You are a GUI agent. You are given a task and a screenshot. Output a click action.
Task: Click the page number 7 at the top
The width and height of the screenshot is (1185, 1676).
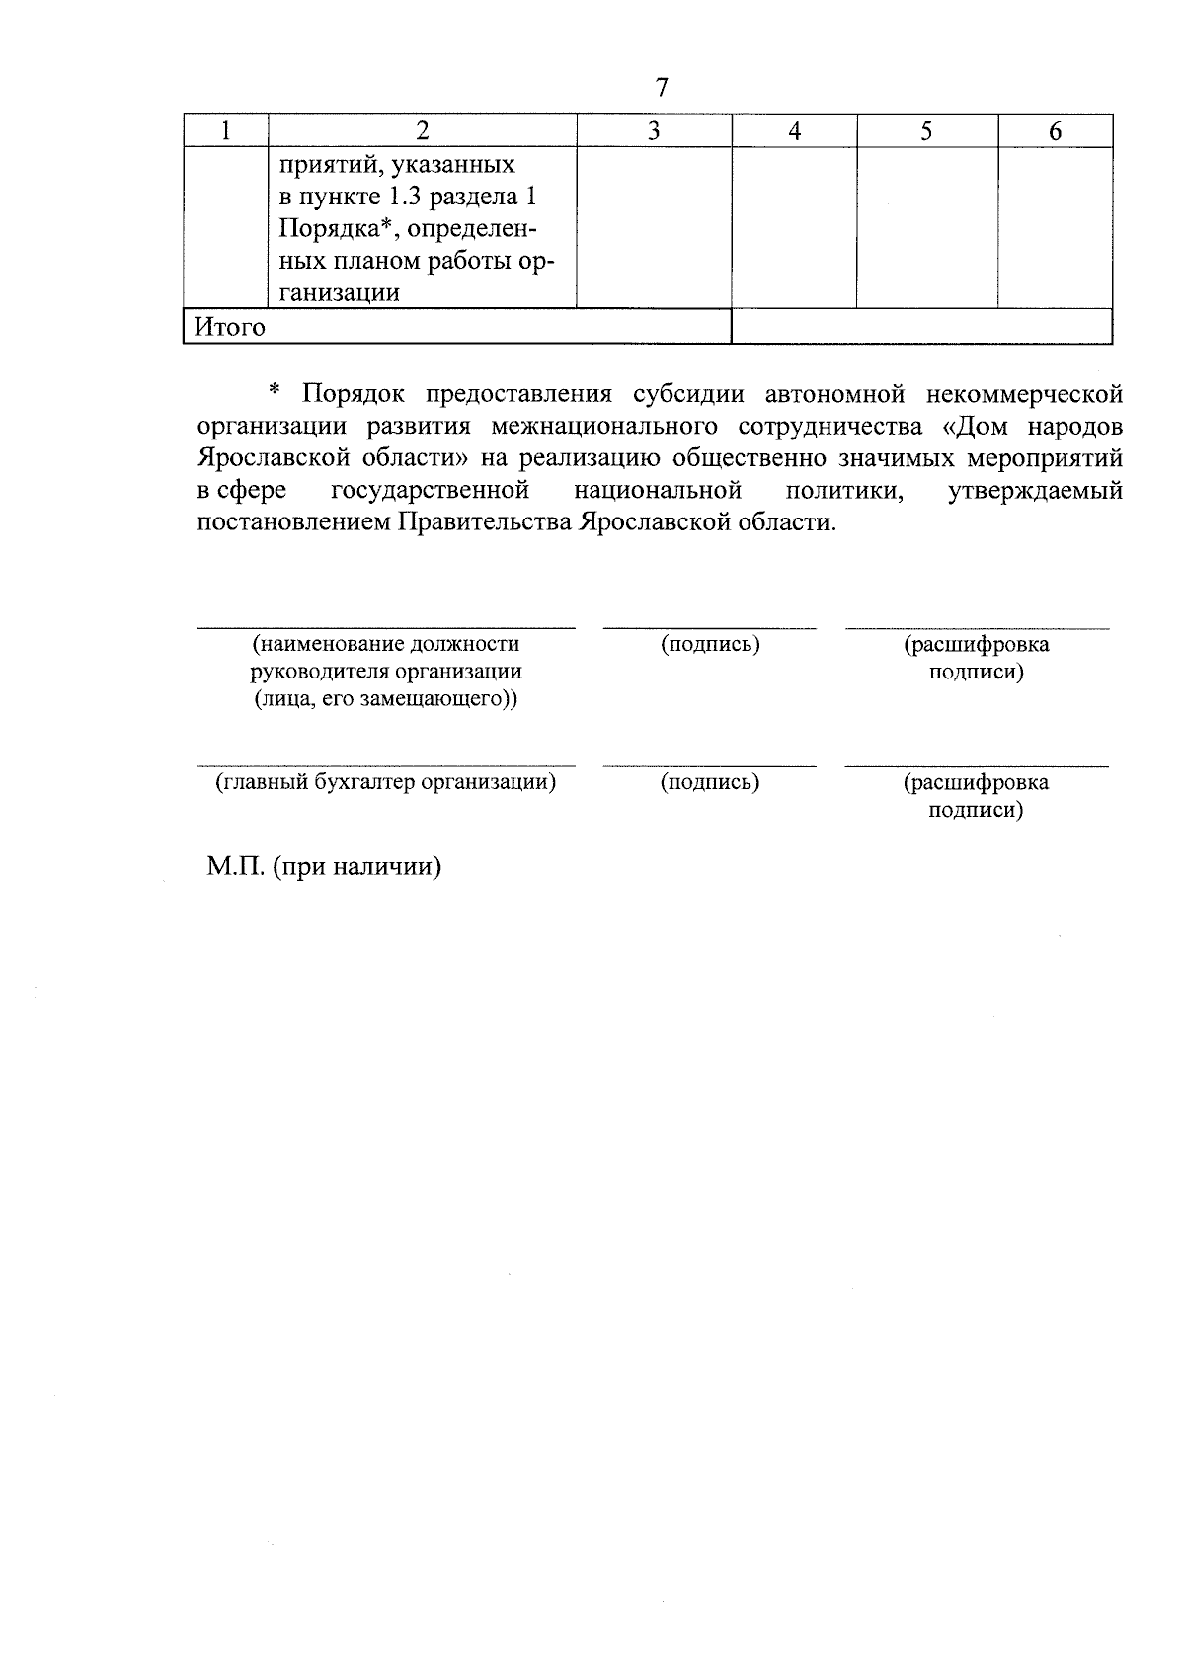tap(662, 88)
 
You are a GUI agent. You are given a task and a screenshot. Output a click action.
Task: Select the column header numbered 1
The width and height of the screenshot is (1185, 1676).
tap(226, 130)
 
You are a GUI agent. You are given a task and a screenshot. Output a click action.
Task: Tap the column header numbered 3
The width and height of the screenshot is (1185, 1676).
tap(653, 130)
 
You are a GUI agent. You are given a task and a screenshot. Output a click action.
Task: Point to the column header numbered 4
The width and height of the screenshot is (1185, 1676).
tap(794, 130)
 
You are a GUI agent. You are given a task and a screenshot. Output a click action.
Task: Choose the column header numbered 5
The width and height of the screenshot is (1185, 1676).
tap(926, 130)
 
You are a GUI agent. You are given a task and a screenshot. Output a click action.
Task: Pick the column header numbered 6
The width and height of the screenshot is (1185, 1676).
tap(1055, 130)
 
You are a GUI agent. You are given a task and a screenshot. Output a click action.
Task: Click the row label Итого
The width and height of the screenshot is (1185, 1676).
tap(229, 327)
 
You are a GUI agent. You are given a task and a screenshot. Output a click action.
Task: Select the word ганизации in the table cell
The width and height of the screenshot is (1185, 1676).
tap(340, 293)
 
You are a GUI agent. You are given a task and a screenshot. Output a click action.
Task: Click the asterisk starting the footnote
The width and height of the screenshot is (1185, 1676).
tap(276, 394)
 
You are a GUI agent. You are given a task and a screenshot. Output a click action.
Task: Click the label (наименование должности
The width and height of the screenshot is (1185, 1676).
tap(386, 645)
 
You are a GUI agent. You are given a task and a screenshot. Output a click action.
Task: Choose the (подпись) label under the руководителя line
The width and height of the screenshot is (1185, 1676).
tap(710, 645)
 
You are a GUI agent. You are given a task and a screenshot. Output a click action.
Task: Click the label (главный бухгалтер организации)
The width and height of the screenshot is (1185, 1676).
tap(386, 783)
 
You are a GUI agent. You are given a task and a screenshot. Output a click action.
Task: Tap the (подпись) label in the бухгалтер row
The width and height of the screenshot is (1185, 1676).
tap(710, 783)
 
